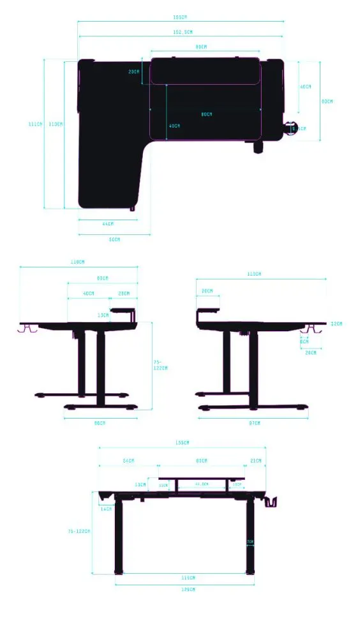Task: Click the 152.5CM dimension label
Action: click(182, 31)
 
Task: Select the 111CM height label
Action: click(36, 124)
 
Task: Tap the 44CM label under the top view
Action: click(108, 224)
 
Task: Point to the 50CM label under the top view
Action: click(114, 239)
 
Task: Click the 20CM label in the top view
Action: click(133, 72)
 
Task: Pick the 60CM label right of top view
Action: click(327, 101)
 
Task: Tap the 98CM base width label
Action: click(100, 422)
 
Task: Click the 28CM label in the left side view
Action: click(124, 294)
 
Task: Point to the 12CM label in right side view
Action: click(336, 324)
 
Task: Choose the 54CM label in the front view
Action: click(128, 461)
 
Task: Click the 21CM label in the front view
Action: click(255, 461)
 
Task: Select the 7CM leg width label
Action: click(250, 542)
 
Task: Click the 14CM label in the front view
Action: click(106, 509)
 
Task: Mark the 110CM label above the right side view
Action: click(254, 274)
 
